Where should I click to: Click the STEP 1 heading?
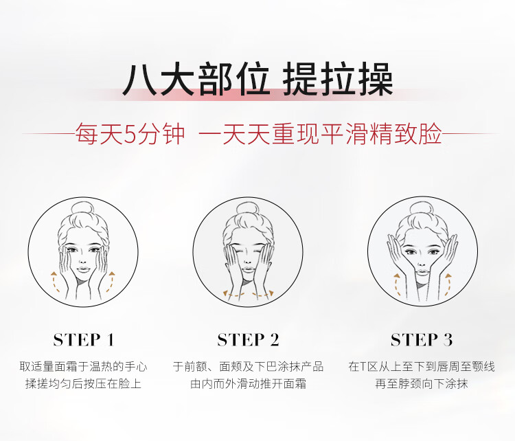[84, 340]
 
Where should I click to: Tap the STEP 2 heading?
[249, 340]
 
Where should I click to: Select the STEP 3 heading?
[422, 340]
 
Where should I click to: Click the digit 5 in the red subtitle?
[130, 134]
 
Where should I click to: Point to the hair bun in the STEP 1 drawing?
[83, 208]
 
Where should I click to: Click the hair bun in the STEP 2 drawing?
[248, 210]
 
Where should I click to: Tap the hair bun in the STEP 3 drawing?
[422, 209]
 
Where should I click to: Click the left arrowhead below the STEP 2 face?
[226, 293]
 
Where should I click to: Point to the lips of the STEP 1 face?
[83, 270]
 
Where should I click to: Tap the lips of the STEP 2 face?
[248, 270]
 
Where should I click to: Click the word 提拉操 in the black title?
[338, 80]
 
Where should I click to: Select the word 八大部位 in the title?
[196, 80]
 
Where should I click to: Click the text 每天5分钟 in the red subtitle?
[130, 134]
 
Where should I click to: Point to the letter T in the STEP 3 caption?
[363, 366]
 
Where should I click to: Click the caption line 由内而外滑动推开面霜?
[249, 383]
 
